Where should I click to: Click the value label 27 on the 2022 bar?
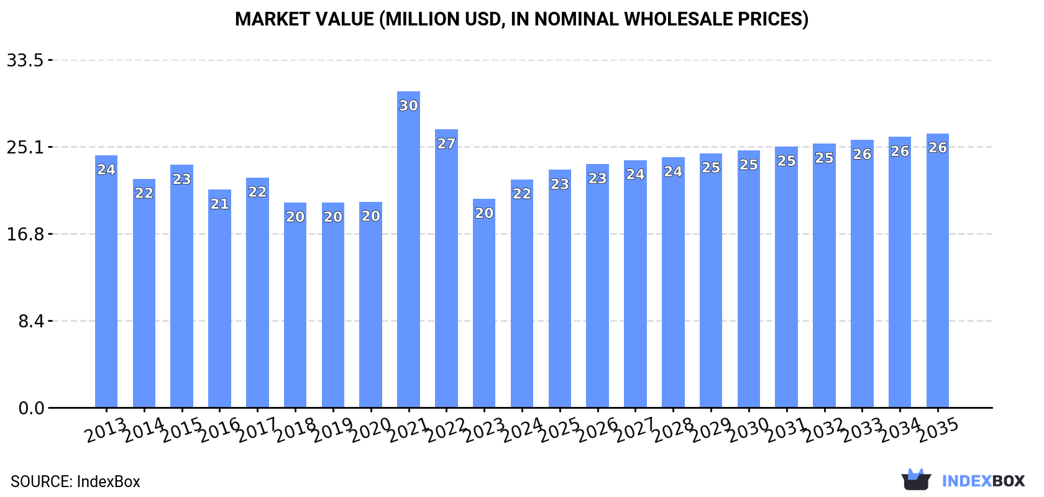point(446,144)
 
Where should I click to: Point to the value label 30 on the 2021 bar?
point(408,106)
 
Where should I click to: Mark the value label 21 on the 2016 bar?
point(219,204)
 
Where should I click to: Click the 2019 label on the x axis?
point(333,430)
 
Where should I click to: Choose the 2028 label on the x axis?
point(673,430)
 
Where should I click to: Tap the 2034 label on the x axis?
point(900,430)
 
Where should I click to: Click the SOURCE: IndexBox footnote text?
point(75,481)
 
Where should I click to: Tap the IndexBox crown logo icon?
point(916,480)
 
